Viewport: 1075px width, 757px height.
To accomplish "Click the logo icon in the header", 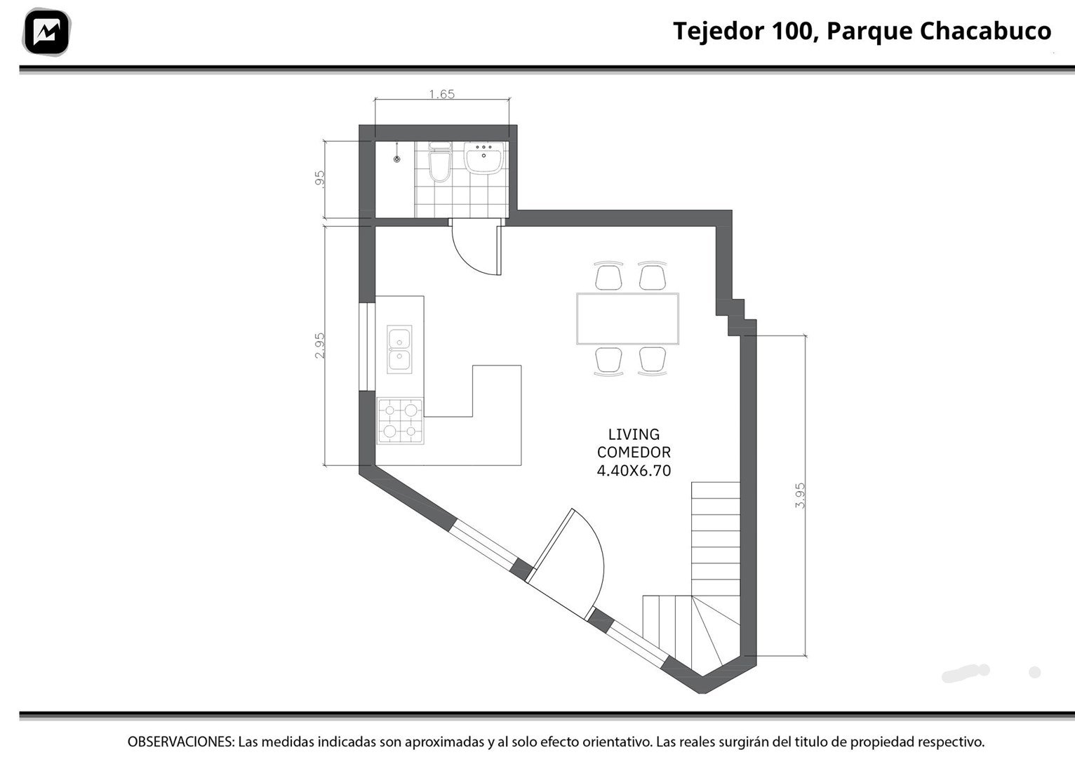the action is [46, 32].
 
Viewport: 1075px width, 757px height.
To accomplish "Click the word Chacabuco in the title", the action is [985, 31].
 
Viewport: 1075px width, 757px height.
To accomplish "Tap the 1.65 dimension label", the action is [441, 94].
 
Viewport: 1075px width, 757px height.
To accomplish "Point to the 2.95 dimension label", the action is [319, 345].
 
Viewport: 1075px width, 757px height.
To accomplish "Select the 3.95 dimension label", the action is [799, 495].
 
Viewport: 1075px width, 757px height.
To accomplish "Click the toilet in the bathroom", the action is [439, 161].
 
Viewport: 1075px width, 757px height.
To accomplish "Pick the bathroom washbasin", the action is [483, 158].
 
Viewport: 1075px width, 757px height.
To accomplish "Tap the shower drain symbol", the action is [397, 159].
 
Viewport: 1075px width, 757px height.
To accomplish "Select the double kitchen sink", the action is [399, 349].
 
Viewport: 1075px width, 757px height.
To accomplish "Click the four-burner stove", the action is [400, 421].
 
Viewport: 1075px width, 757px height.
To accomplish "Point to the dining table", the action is [628, 319].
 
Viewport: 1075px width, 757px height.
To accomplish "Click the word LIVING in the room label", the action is [634, 435].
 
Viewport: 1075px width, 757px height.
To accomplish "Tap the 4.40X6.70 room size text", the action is [634, 471].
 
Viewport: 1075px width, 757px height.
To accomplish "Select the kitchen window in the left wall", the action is [367, 347].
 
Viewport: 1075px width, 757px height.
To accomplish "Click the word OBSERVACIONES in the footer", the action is [181, 742].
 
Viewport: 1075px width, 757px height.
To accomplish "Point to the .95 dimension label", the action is [319, 179].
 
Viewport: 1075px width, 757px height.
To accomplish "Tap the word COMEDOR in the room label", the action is [634, 453].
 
